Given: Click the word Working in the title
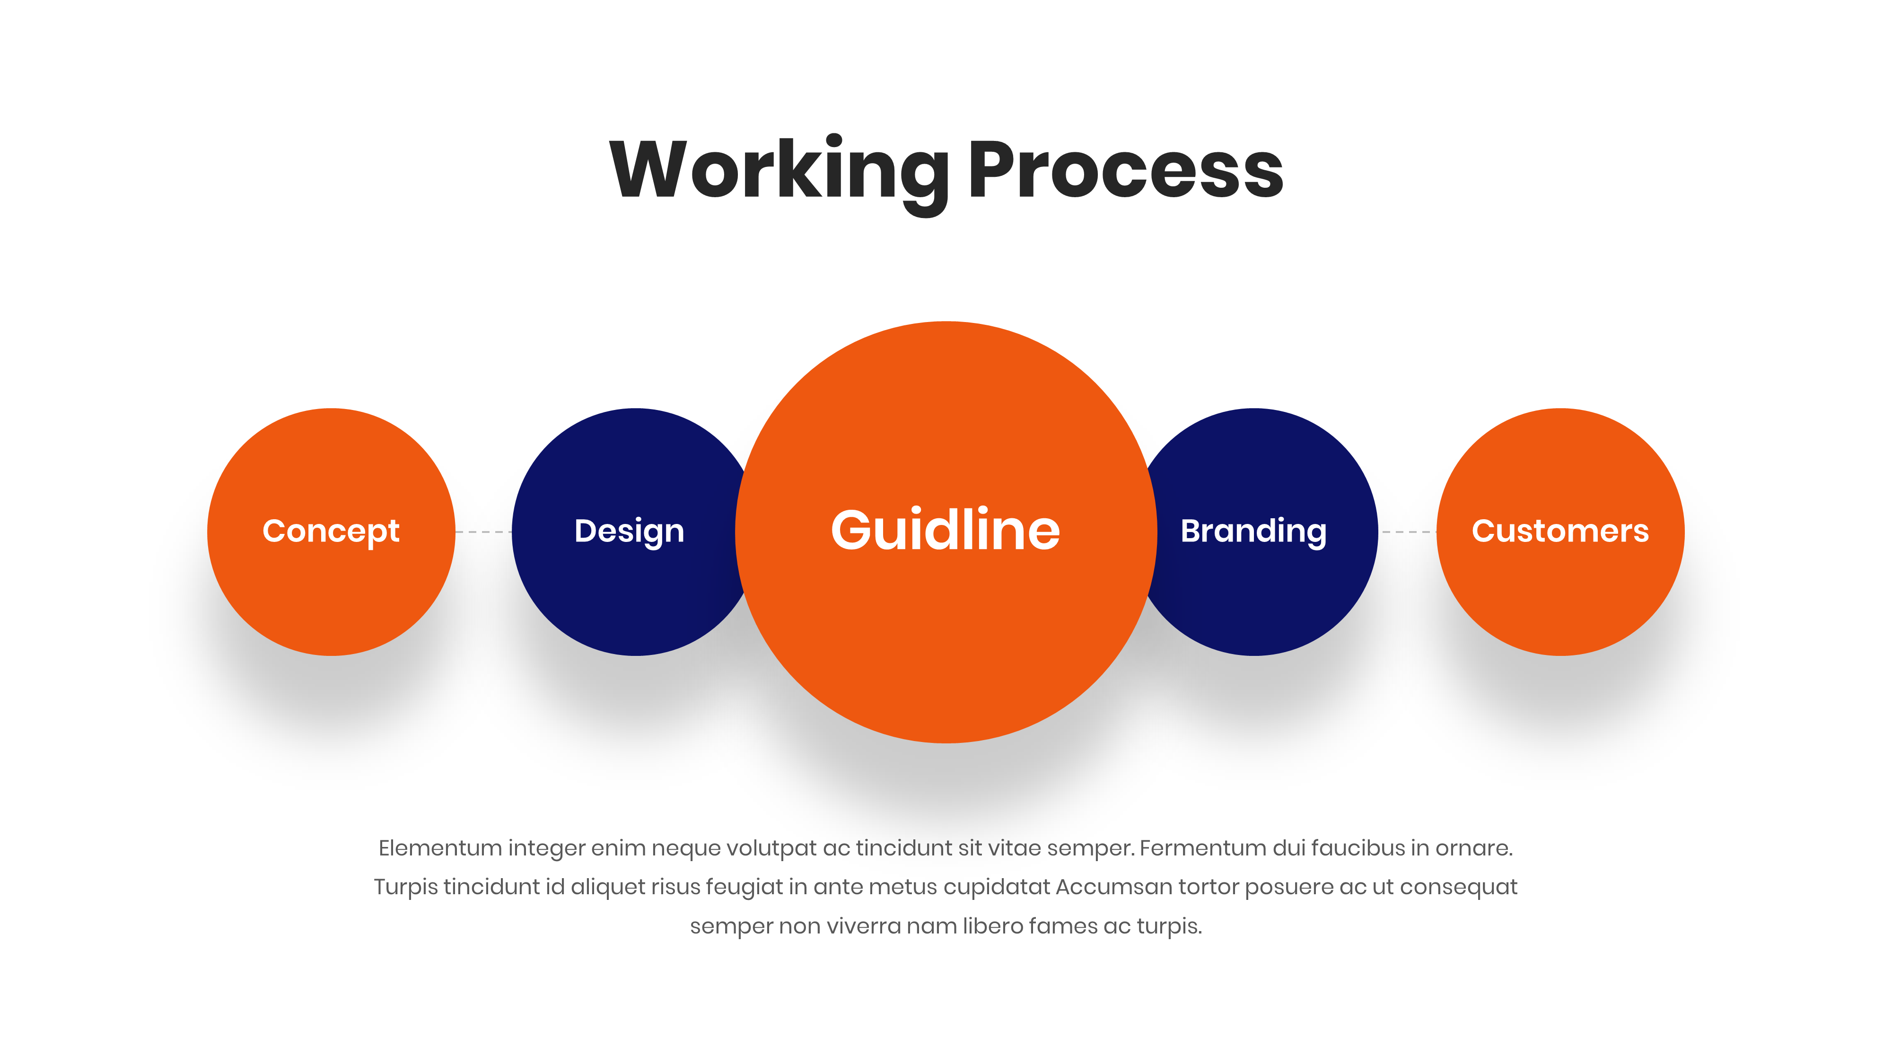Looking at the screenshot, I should [779, 170].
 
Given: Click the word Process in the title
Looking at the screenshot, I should [1125, 170].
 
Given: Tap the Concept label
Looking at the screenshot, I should [331, 531].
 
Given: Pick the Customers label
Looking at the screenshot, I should [1560, 531].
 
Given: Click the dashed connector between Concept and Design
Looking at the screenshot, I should [483, 532].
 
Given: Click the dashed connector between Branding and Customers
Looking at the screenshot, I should [1407, 532].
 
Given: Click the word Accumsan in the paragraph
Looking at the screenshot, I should [1114, 887].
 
